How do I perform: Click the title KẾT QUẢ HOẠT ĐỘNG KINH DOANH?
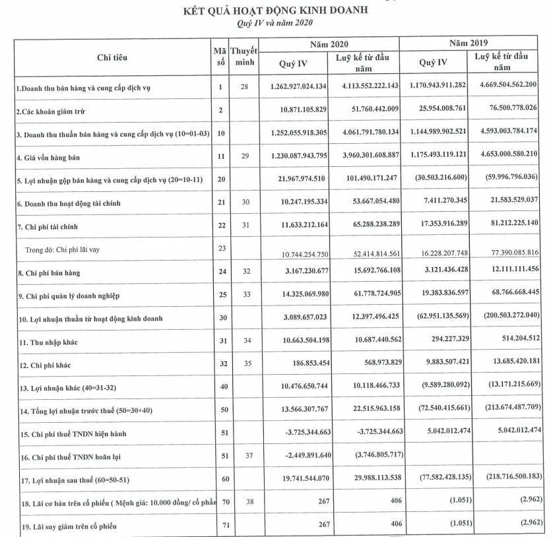[276, 11]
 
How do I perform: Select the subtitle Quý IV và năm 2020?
[275, 23]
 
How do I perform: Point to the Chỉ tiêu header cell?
[112, 58]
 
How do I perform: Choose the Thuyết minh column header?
[244, 57]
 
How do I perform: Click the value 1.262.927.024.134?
[298, 86]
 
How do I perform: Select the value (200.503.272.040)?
[505, 317]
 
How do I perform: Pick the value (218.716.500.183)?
[505, 477]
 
